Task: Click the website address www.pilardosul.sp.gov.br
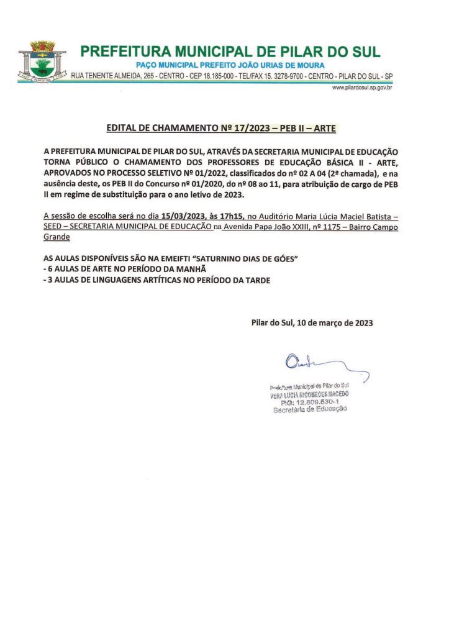361,88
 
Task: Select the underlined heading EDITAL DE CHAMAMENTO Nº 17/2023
221,129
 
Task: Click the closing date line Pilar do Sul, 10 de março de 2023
312,323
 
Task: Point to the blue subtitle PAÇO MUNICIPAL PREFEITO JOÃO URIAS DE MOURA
230,66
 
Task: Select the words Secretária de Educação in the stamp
310,409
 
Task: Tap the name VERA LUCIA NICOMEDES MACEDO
309,394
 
